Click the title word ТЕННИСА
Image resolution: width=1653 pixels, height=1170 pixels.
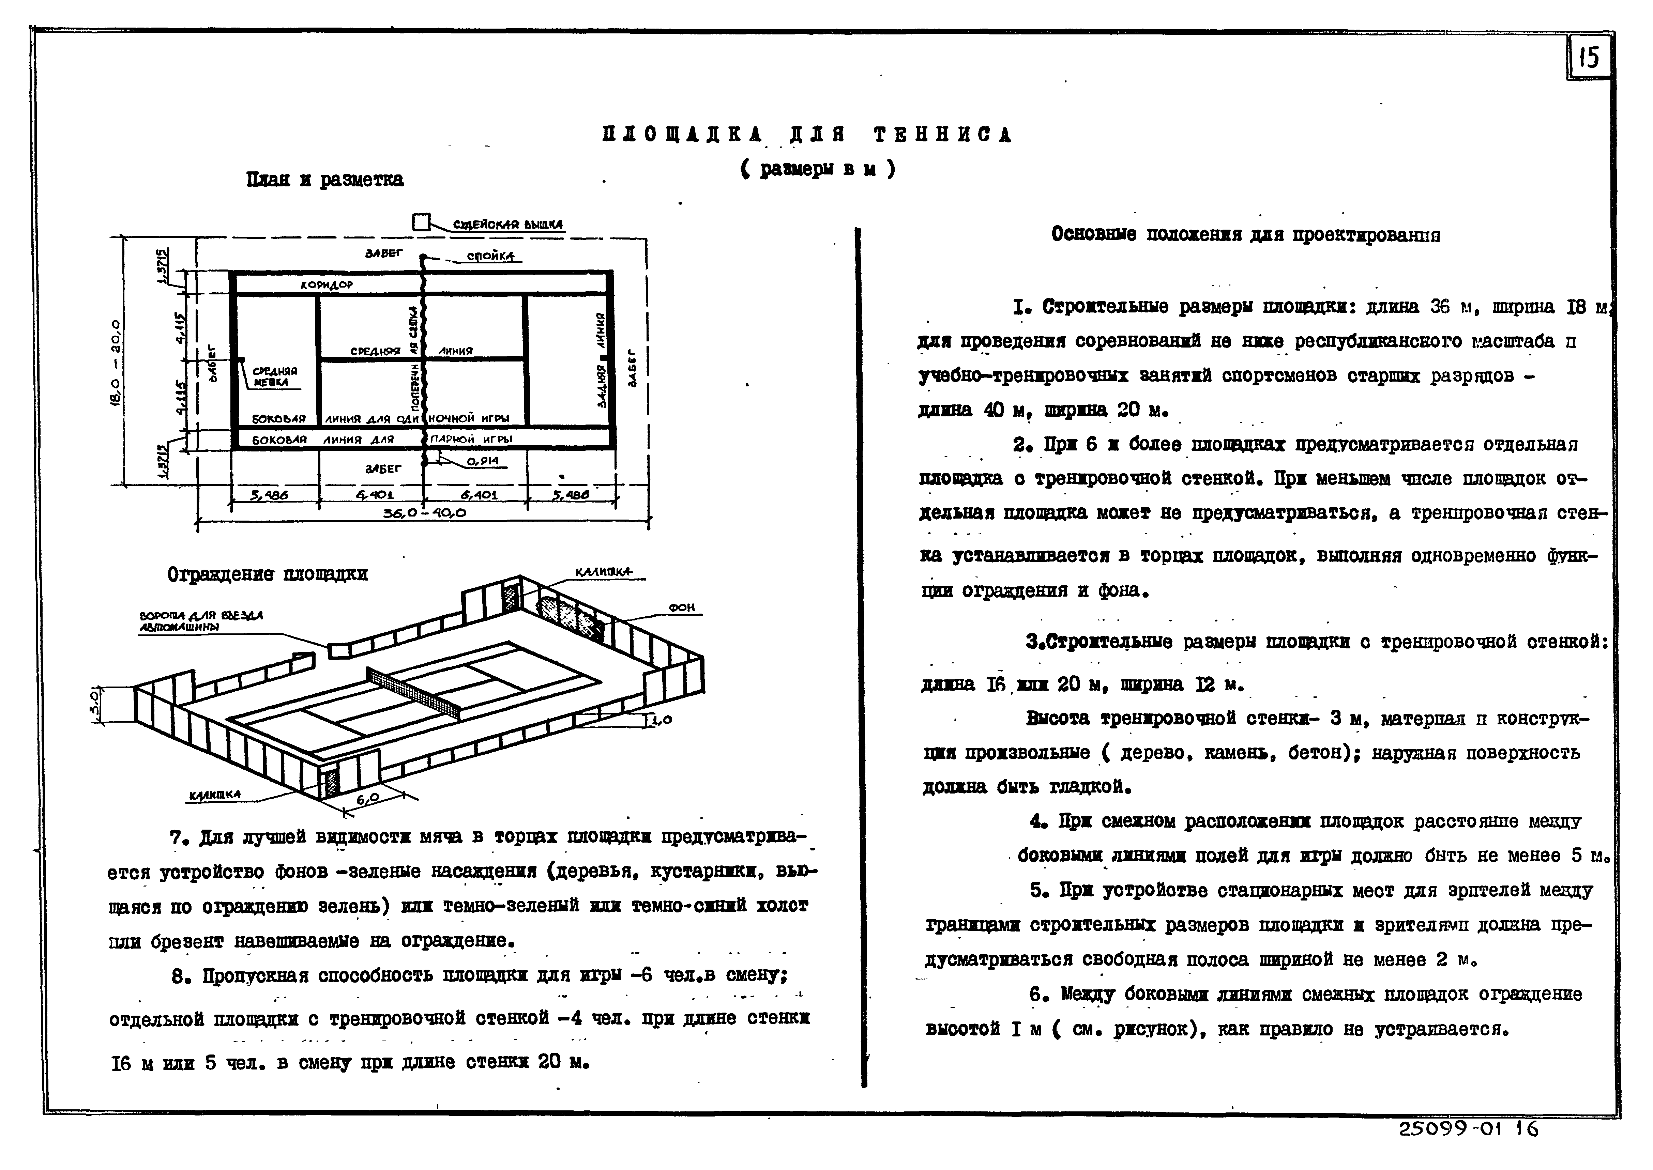tap(942, 135)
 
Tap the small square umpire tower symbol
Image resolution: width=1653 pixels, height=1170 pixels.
tap(421, 224)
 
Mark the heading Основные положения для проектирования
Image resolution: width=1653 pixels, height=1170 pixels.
tap(1245, 235)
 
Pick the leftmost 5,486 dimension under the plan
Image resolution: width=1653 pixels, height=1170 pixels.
tap(269, 496)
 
